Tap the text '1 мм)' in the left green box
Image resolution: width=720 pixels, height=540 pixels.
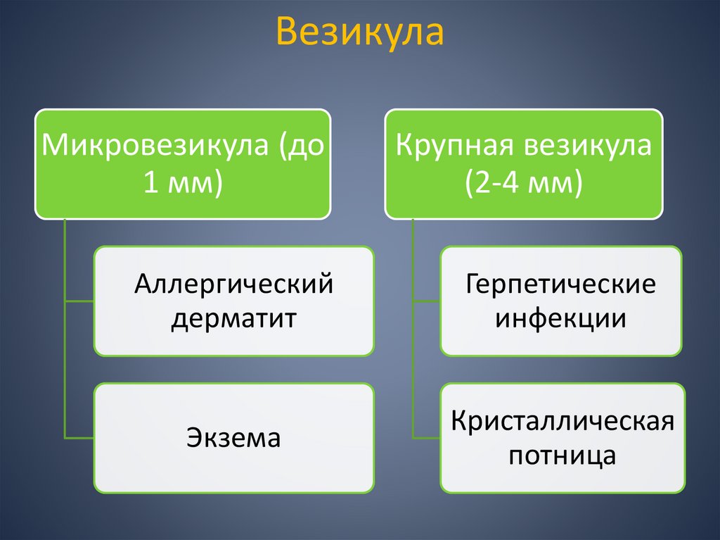pos(183,183)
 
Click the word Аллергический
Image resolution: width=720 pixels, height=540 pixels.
pos(233,285)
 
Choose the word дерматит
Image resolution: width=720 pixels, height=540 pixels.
pos(233,318)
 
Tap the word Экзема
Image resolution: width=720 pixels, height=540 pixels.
pos(233,438)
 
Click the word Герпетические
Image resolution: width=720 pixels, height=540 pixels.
pos(560,285)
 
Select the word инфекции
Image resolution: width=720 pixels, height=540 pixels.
pos(560,318)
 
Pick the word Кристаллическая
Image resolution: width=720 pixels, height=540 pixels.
pos(562,422)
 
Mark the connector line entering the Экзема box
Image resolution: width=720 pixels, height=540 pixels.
pos(79,438)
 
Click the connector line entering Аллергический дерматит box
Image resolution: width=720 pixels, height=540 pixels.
pos(79,301)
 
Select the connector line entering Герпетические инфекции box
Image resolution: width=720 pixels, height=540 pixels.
pos(426,301)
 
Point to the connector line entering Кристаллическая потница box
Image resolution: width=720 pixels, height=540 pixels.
pos(426,438)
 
